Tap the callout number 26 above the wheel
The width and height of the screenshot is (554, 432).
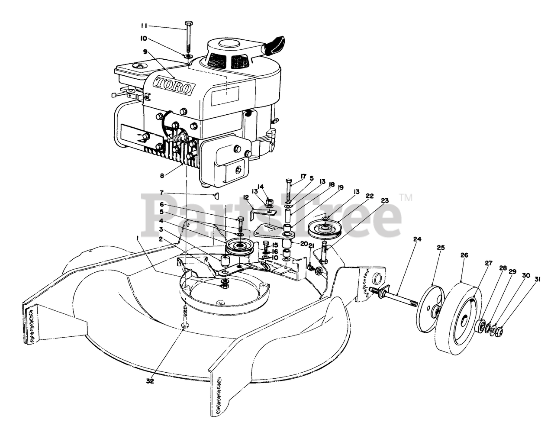[464, 255]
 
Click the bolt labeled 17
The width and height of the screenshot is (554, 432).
[288, 190]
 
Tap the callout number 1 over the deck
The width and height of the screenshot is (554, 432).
[137, 238]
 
